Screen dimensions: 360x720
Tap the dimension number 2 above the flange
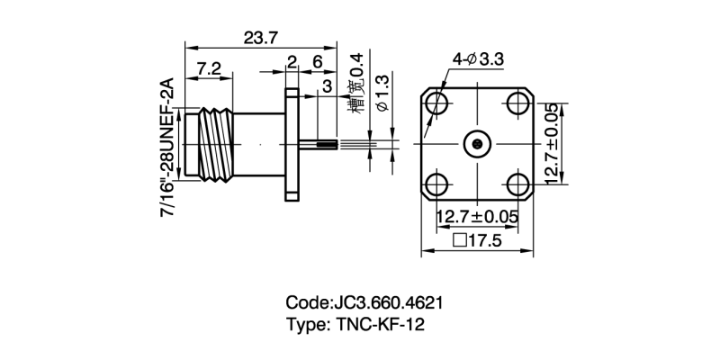click(x=292, y=62)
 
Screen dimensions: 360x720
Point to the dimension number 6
click(x=318, y=62)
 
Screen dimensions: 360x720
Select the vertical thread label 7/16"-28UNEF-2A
click(x=166, y=145)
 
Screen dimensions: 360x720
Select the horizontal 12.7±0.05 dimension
click(x=478, y=217)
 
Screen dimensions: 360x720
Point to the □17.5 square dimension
click(x=478, y=240)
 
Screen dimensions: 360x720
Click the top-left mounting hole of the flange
click(x=437, y=103)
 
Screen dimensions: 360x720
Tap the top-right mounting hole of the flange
click(x=518, y=103)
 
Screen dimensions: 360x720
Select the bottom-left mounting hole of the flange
click(x=437, y=184)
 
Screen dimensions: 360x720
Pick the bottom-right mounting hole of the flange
click(x=518, y=184)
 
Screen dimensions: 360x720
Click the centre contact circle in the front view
click(x=478, y=144)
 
